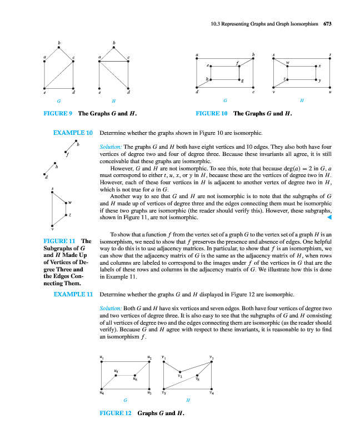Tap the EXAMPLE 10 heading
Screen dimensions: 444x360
pyautogui.click(x=72, y=134)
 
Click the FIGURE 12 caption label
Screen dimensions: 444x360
pyautogui.click(x=116, y=413)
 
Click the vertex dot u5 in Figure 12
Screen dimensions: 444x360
pyautogui.click(x=116, y=375)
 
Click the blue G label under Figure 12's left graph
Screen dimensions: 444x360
pyautogui.click(x=126, y=400)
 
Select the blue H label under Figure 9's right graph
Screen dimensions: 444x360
pyautogui.click(x=113, y=100)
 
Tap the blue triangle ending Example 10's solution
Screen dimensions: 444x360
pyautogui.click(x=329, y=218)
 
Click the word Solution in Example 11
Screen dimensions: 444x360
pyautogui.click(x=109, y=307)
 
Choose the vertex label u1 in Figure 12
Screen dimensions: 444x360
pyautogui.click(x=101, y=356)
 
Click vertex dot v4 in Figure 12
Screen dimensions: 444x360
pyautogui.click(x=212, y=389)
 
